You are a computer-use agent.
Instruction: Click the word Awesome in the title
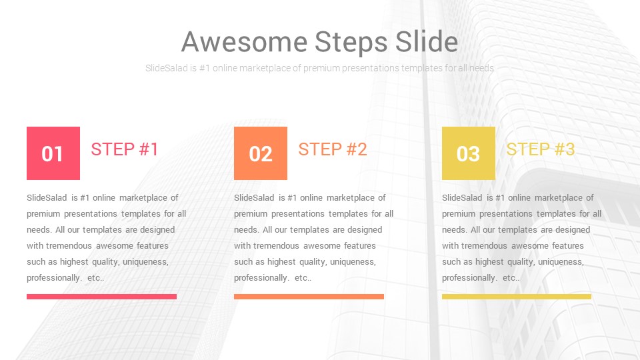click(x=244, y=42)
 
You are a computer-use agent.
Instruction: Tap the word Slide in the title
click(x=427, y=41)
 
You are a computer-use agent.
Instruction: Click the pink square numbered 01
click(x=53, y=153)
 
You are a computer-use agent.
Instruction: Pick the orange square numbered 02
click(x=261, y=153)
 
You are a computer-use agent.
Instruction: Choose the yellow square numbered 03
click(x=469, y=153)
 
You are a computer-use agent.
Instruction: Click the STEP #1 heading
click(x=125, y=149)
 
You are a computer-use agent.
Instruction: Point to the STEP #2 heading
click(x=333, y=149)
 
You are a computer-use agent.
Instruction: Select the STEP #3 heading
click(x=541, y=149)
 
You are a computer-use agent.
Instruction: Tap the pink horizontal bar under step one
click(x=101, y=297)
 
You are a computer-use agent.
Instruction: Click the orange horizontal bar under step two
click(x=309, y=297)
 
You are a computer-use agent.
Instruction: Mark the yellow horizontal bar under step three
click(x=516, y=297)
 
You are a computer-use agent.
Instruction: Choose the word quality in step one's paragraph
click(x=106, y=262)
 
